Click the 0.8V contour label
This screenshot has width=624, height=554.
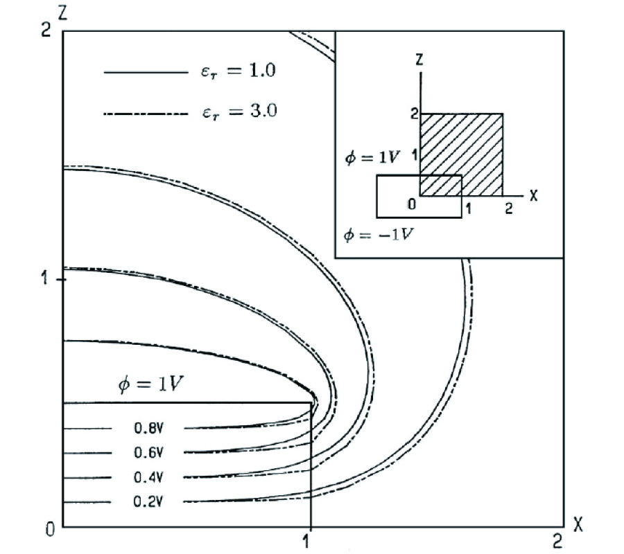point(148,427)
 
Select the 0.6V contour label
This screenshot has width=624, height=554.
point(148,452)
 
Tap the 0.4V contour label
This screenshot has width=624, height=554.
point(148,477)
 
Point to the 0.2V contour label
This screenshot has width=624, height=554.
point(148,501)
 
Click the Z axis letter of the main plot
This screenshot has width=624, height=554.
point(62,14)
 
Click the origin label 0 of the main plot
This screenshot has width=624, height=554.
point(50,530)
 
